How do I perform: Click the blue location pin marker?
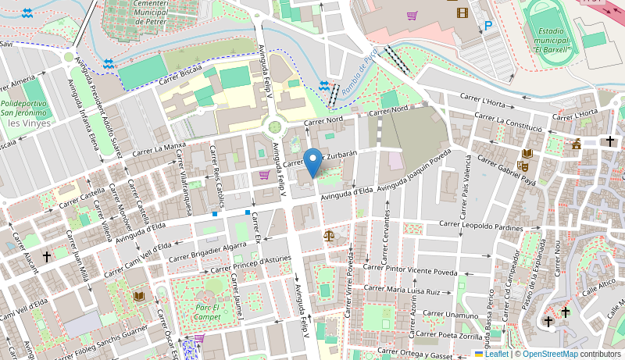coord(312,162)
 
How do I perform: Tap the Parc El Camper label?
coord(207,312)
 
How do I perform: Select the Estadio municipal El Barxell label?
coord(552,41)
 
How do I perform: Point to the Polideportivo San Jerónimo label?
coord(24,108)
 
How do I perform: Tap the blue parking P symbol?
coord(488,26)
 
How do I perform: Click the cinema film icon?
coord(462,12)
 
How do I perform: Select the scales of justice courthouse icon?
coord(329,234)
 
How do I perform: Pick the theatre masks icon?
coord(523,166)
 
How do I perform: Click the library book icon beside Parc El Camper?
coord(139,296)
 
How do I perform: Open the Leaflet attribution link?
coord(491,354)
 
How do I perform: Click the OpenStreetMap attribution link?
coord(550,354)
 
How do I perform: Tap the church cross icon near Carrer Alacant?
coord(46,255)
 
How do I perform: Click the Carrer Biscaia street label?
coord(180,75)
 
